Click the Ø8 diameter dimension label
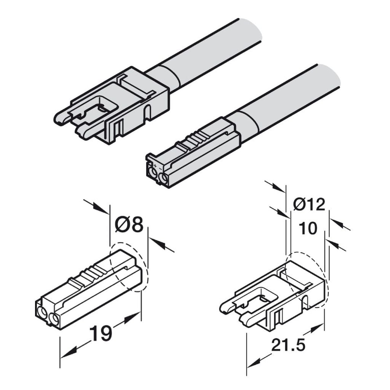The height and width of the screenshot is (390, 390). point(129,224)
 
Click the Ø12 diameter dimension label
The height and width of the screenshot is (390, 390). point(309,205)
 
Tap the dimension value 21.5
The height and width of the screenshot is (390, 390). point(288,345)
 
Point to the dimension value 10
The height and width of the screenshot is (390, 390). point(308,229)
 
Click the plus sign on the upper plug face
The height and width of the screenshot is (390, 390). point(155,166)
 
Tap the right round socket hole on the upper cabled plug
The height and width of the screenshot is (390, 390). point(164,178)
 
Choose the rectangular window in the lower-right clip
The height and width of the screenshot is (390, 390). point(263,296)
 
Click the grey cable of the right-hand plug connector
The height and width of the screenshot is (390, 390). point(283,102)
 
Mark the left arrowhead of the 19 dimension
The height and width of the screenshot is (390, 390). point(69,354)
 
